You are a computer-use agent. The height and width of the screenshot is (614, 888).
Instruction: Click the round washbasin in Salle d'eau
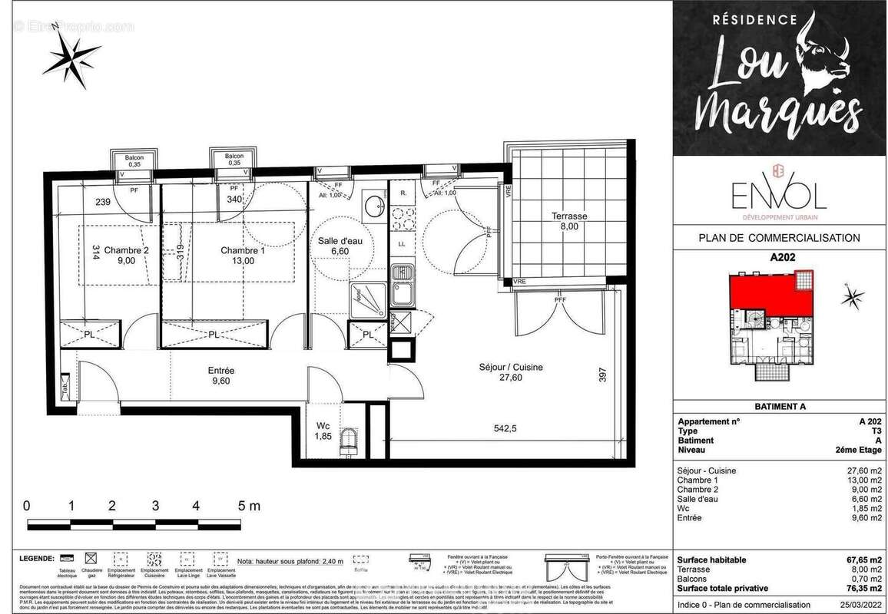[374, 205]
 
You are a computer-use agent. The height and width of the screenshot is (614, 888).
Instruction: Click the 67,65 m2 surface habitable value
[860, 560]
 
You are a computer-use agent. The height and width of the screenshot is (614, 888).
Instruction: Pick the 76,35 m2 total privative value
[860, 588]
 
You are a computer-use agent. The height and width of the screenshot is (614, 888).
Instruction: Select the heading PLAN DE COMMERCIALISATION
[779, 238]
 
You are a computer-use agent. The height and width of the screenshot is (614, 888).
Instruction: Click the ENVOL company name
[778, 196]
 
